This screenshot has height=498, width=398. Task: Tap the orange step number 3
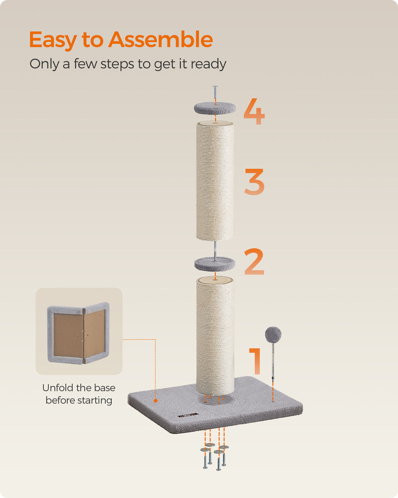point(254,182)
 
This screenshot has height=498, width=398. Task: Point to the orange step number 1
point(256,361)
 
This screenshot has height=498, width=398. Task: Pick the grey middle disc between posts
point(214,262)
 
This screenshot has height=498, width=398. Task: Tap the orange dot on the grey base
point(156,399)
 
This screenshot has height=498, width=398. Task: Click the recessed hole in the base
point(215,399)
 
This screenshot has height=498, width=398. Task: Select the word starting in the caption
point(94,400)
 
